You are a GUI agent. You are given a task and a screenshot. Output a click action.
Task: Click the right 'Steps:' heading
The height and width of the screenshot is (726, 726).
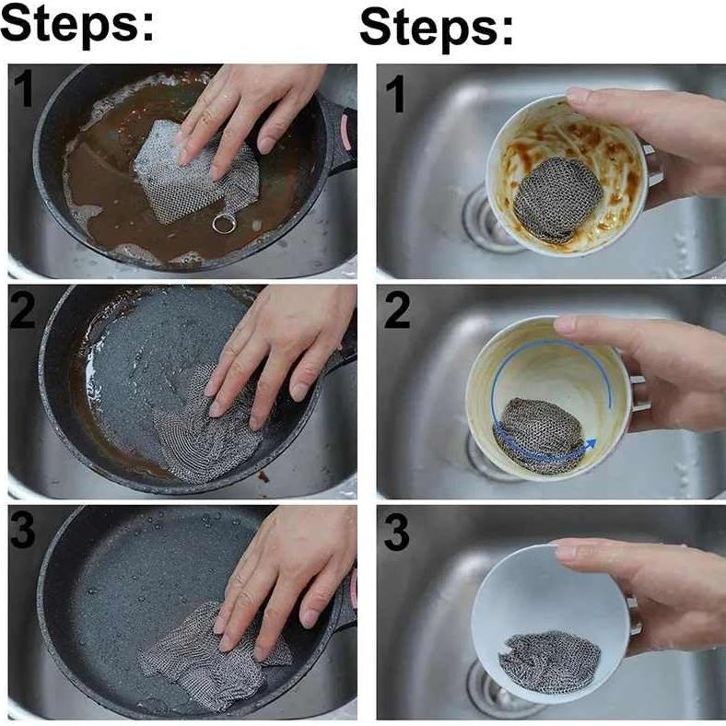(x=437, y=28)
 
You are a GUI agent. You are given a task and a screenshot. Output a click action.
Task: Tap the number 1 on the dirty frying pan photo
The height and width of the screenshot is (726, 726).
(x=24, y=88)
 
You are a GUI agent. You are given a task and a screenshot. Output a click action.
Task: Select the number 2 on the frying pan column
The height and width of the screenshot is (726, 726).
(x=22, y=310)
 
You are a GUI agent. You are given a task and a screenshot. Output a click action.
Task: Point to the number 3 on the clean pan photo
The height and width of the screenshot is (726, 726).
(x=22, y=531)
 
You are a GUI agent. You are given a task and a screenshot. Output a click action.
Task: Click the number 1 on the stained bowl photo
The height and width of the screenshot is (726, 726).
(x=395, y=94)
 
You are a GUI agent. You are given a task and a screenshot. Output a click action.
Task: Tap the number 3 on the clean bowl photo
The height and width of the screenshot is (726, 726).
(x=397, y=533)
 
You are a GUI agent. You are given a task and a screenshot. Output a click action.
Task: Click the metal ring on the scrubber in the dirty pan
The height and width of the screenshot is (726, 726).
(x=224, y=224)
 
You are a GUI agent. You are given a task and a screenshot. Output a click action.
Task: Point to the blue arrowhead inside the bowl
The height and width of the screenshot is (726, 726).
(x=589, y=445)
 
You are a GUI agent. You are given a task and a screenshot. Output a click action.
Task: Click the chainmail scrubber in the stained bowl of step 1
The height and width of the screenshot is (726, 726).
(x=557, y=199)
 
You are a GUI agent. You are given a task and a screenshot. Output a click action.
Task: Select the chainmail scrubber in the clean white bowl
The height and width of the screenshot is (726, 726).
(x=550, y=662)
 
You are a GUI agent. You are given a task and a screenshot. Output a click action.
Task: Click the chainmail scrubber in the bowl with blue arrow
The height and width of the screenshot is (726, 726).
(x=540, y=435)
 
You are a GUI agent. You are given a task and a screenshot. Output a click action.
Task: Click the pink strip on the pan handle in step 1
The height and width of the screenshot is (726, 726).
(x=345, y=132)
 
